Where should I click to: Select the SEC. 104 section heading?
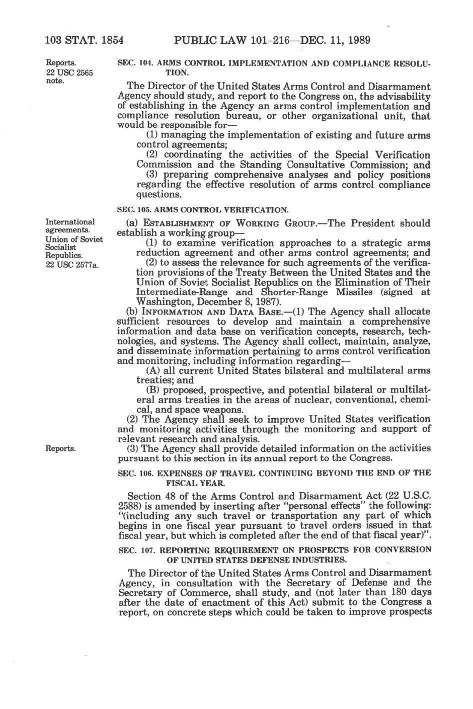[274, 68]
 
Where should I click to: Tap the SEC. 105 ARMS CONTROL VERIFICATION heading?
[202, 209]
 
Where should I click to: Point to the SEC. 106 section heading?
[274, 477]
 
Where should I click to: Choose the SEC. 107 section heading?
[274, 554]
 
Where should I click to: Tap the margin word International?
[70, 221]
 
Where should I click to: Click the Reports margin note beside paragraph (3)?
[61, 448]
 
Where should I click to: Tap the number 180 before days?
[383, 592]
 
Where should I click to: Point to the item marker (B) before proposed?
[152, 390]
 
